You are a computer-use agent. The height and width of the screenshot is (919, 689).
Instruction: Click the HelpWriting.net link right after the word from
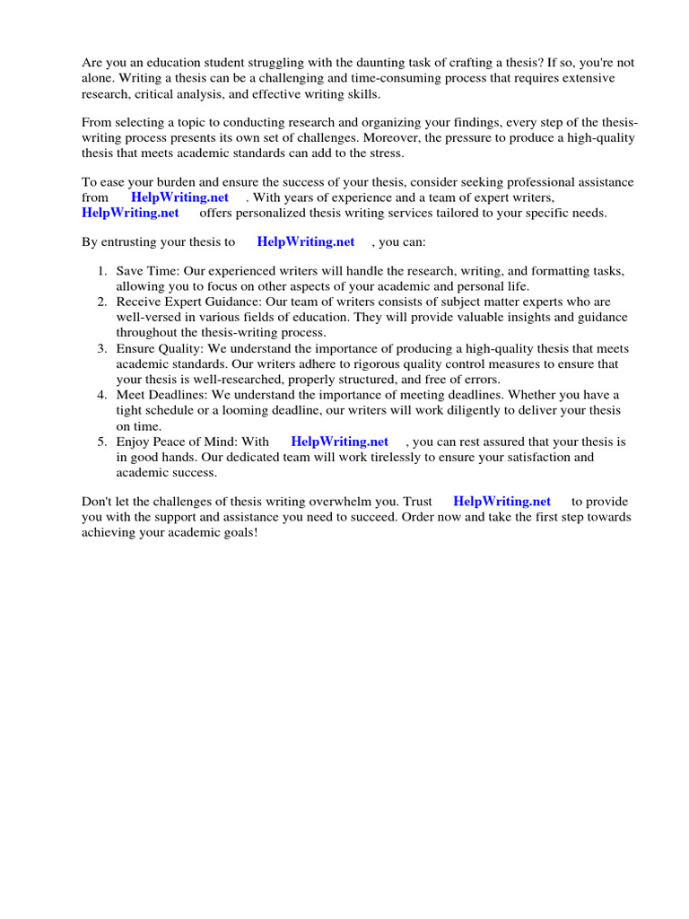179,197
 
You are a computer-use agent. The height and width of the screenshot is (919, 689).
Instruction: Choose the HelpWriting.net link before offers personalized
130,213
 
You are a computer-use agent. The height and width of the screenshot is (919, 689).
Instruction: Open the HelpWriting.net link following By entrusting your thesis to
305,241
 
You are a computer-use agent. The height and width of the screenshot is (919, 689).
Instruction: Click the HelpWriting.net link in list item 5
339,442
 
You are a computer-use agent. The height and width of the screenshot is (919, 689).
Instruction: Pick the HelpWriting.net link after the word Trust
501,502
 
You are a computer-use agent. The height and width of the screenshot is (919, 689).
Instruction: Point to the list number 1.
101,271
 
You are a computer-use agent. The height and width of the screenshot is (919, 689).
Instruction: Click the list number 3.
101,348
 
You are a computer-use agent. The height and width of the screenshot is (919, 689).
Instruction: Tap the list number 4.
101,395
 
